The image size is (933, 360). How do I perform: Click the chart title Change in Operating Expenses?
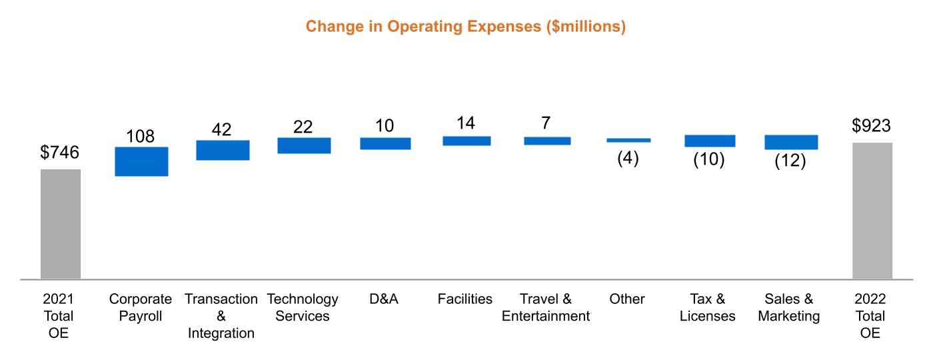pyautogui.click(x=465, y=27)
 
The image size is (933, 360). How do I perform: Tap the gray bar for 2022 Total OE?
pyautogui.click(x=872, y=210)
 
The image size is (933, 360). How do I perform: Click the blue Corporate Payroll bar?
pyautogui.click(x=141, y=161)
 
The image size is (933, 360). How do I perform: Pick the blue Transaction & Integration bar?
pyautogui.click(x=223, y=150)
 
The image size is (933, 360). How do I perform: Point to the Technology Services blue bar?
pyautogui.click(x=304, y=145)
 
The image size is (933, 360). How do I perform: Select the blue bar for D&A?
pyautogui.click(x=385, y=143)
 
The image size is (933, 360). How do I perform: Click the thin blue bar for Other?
pyautogui.click(x=628, y=140)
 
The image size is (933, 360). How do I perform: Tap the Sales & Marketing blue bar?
pyautogui.click(x=791, y=142)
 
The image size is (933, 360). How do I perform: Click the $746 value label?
pyautogui.click(x=60, y=153)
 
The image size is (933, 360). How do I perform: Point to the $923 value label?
pyautogui.click(x=872, y=126)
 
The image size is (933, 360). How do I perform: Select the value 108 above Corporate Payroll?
pyautogui.click(x=141, y=136)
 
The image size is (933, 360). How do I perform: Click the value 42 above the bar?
pyautogui.click(x=222, y=129)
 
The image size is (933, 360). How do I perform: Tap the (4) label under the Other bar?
pyautogui.click(x=628, y=160)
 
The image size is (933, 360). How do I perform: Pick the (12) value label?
pyautogui.click(x=790, y=161)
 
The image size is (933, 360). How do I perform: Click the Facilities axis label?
pyautogui.click(x=465, y=299)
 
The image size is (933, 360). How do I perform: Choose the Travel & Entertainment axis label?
pyautogui.click(x=546, y=307)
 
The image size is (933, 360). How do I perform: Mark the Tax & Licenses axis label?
pyautogui.click(x=708, y=307)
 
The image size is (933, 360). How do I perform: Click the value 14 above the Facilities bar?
pyautogui.click(x=466, y=123)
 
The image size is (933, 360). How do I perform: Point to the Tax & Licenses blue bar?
pyautogui.click(x=710, y=141)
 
